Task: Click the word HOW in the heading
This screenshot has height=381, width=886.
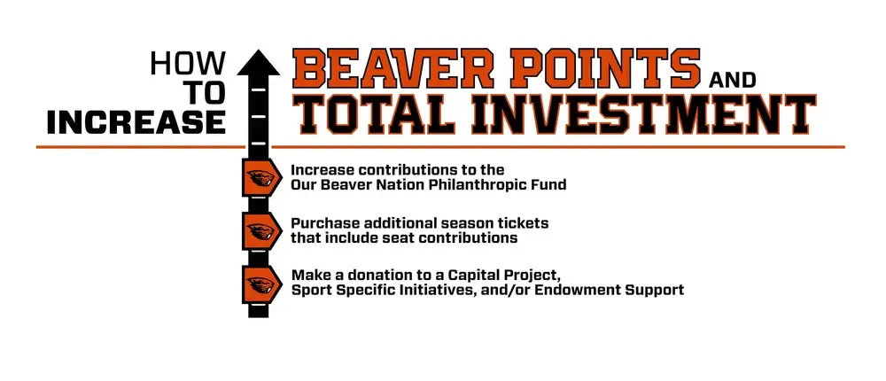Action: tap(188, 63)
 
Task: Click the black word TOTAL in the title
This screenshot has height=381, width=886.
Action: tap(386, 113)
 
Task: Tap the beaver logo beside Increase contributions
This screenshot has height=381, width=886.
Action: tap(259, 177)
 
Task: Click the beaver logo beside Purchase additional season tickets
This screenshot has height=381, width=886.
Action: tap(259, 230)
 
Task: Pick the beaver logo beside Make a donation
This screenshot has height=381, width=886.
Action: tap(259, 283)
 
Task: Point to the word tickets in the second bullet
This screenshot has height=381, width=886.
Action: tap(523, 222)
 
